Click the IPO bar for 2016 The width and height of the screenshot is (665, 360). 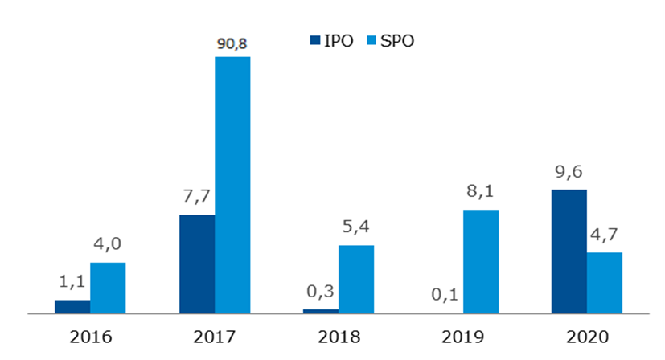pyautogui.click(x=72, y=306)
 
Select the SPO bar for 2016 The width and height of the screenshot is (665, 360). pyautogui.click(x=108, y=288)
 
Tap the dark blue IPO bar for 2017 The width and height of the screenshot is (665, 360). pyautogui.click(x=197, y=264)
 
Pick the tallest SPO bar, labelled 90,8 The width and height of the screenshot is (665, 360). pyautogui.click(x=232, y=185)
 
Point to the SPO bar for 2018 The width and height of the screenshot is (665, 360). pyautogui.click(x=356, y=279)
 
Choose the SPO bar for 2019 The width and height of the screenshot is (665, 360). pyautogui.click(x=481, y=261)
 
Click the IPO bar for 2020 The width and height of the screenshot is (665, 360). pyautogui.click(x=569, y=252)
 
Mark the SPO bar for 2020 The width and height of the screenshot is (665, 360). pyautogui.click(x=605, y=283)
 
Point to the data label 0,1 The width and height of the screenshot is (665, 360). pyautogui.click(x=445, y=296)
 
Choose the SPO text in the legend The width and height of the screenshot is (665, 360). pyautogui.click(x=396, y=39)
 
